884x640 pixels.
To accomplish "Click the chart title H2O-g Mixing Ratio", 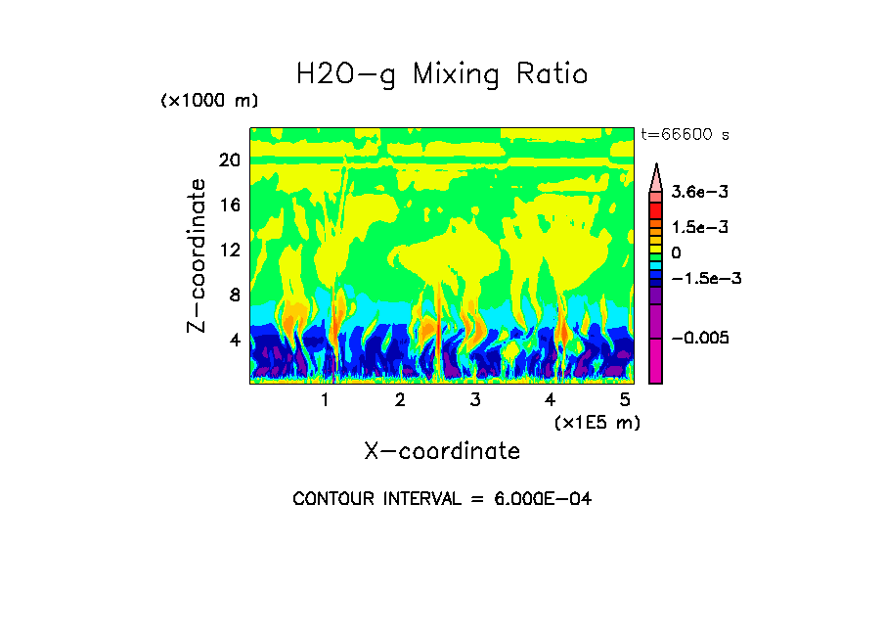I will [x=442, y=74].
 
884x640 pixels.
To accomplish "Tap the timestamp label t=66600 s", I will [x=685, y=134].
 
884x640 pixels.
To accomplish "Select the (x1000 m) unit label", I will [x=209, y=101].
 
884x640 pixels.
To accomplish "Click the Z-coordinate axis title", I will [x=198, y=255].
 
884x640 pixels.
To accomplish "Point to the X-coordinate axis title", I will [x=441, y=451].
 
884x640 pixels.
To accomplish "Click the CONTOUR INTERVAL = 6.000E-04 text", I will [x=442, y=499].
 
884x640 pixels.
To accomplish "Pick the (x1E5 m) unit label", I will [x=597, y=422].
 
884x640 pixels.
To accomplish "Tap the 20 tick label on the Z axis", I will [x=229, y=160].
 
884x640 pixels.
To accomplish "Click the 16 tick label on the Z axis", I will [x=229, y=205].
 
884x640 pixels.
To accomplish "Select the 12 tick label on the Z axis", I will [x=229, y=250].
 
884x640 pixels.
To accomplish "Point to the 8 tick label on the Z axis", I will [x=235, y=295].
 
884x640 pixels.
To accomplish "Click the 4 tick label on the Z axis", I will [x=235, y=340].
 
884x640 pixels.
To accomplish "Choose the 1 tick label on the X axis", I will [x=325, y=399].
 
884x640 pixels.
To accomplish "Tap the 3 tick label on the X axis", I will [x=474, y=399].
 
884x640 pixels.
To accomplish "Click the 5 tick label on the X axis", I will [x=624, y=399].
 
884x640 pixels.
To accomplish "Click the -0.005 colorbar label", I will [x=700, y=338].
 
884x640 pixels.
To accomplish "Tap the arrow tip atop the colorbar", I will [x=656, y=167].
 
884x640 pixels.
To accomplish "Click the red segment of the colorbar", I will [x=656, y=210].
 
